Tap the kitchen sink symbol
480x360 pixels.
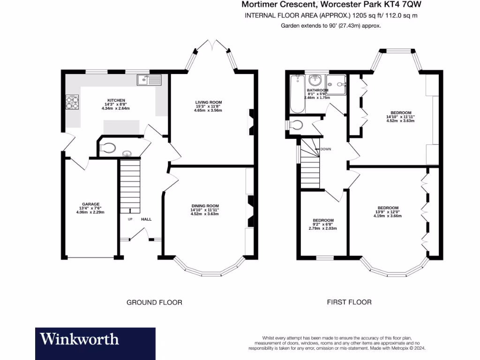(149, 80)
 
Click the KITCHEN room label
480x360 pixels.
(116, 100)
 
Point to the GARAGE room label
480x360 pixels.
(90, 204)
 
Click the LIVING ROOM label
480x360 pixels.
(209, 102)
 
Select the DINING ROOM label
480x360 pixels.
(205, 206)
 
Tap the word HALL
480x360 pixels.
(146, 219)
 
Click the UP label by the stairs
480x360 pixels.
(130, 219)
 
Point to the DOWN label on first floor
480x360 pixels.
(326, 149)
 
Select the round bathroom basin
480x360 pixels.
(314, 80)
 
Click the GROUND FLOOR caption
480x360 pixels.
(154, 302)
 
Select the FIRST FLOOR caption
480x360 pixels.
(349, 302)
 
